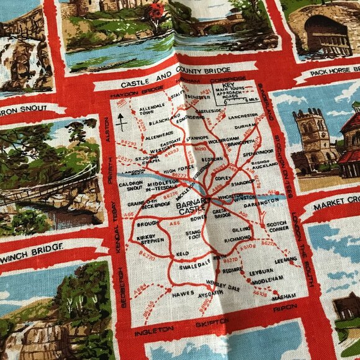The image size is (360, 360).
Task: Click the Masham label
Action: coord(283,297)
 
